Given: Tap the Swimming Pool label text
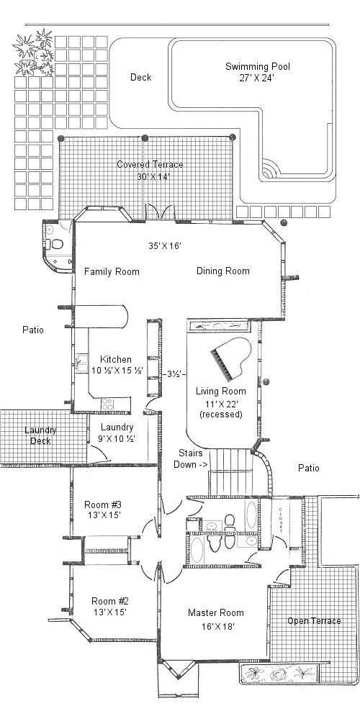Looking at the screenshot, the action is [x=258, y=66].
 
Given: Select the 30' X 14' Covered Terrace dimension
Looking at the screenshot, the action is [x=150, y=176].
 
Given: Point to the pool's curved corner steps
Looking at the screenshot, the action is [x=270, y=169].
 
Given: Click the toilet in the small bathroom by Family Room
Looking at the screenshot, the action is [x=55, y=243].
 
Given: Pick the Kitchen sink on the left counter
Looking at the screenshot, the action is [x=81, y=363].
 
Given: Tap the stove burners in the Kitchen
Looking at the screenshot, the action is [x=107, y=404].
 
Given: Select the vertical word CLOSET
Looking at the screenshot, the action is [x=280, y=520].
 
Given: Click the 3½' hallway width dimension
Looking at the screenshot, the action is [x=174, y=374].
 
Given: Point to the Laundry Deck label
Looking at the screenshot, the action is [x=40, y=435].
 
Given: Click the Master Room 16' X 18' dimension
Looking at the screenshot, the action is [x=216, y=627].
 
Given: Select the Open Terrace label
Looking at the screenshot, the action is [x=314, y=621].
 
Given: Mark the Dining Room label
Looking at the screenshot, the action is [x=223, y=271].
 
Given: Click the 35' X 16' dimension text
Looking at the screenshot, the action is [x=164, y=246].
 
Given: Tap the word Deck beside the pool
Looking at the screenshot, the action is [x=140, y=77].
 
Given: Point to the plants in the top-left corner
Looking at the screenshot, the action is [x=34, y=52].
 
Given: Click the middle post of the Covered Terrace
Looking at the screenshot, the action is [x=145, y=137].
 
